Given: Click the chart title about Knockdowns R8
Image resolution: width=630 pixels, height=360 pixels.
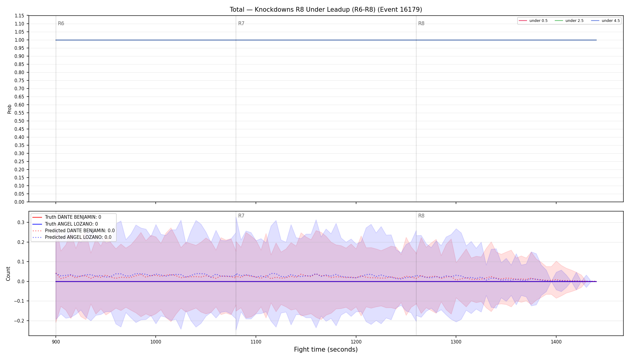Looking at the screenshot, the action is [x=326, y=10].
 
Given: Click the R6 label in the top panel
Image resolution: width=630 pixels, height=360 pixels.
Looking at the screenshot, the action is [x=61, y=23].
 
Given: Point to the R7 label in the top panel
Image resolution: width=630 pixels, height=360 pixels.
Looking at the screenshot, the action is [x=241, y=23].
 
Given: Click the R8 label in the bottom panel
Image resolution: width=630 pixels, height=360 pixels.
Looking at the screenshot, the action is [x=421, y=216].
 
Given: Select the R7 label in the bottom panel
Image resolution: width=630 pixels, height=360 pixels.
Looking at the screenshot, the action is [x=241, y=216].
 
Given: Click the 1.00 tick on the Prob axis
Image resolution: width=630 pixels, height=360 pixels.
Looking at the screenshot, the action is [x=20, y=40].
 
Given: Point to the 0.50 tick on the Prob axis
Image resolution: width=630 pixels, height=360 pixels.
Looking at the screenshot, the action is [x=20, y=121].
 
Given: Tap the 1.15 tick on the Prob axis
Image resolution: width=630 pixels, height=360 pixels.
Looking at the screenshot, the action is [x=20, y=16].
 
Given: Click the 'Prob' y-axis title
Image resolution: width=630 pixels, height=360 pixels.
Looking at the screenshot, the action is [x=9, y=109].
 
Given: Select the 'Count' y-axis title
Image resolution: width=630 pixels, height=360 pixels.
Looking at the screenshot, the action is [x=8, y=274].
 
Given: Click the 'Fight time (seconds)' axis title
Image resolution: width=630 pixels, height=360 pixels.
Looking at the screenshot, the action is [x=326, y=349].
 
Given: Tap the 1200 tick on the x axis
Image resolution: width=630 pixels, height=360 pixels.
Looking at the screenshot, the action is [x=356, y=342].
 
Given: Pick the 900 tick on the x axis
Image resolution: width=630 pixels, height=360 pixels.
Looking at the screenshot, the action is [x=55, y=342].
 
